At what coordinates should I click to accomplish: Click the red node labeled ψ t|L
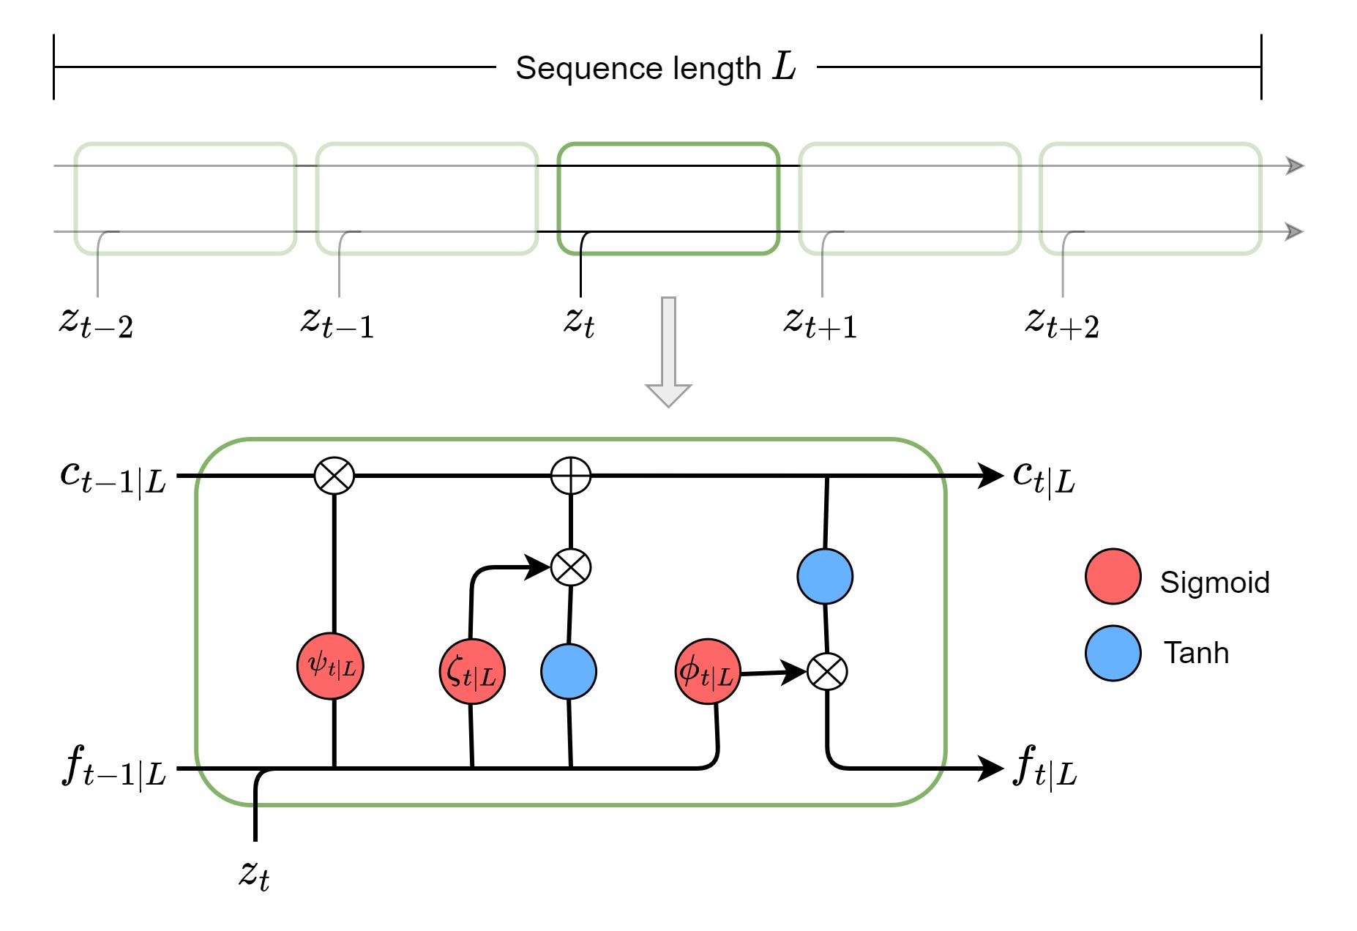[330, 666]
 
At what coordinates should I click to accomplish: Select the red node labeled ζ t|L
[472, 672]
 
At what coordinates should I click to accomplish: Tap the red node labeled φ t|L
[708, 672]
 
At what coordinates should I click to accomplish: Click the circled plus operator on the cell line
[571, 476]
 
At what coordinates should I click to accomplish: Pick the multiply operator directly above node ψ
[334, 476]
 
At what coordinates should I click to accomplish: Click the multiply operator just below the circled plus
[571, 567]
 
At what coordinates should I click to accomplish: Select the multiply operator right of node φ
[827, 671]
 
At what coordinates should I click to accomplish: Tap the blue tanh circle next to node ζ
[569, 672]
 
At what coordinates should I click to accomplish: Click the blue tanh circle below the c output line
[825, 577]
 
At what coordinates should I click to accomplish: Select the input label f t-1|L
[114, 767]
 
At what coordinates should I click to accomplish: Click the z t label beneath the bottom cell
[254, 874]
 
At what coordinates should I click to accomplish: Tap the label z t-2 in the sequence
[96, 322]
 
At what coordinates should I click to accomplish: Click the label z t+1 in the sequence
[820, 322]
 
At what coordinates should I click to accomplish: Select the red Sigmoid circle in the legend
[1113, 577]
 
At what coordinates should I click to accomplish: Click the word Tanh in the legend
[1196, 653]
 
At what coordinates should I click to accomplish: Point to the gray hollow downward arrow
[668, 351]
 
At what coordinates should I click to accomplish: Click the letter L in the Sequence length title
[784, 67]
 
